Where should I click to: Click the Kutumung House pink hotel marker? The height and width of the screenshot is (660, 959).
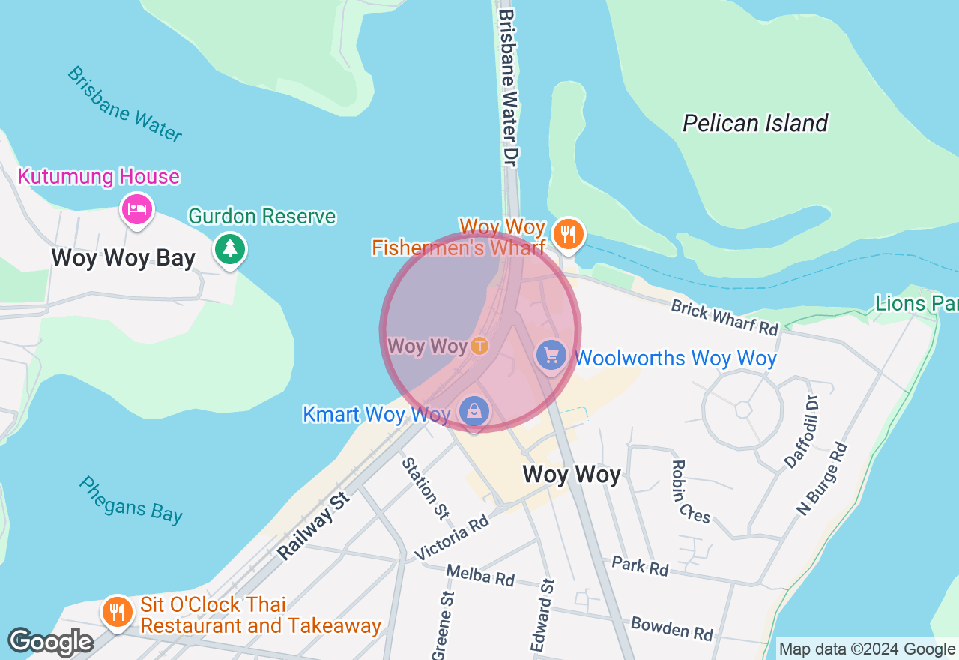[x=136, y=209]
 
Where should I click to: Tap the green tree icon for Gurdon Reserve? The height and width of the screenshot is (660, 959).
[x=229, y=248]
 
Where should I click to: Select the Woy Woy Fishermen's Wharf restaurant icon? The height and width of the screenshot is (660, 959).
[x=568, y=233]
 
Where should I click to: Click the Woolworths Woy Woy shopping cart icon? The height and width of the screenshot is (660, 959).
[x=551, y=355]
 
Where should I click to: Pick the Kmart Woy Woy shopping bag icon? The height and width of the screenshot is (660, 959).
[x=474, y=411]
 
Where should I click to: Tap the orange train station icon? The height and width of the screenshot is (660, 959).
[x=479, y=346]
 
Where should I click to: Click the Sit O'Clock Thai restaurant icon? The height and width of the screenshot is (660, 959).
[x=117, y=612]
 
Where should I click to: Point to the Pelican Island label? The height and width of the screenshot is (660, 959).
[x=755, y=124]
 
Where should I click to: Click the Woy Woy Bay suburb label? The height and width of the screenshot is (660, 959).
[x=123, y=258]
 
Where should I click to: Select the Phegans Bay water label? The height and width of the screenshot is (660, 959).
[x=130, y=499]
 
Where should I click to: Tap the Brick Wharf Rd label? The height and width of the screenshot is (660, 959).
[x=724, y=317]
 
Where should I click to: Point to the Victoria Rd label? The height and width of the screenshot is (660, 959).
[x=451, y=538]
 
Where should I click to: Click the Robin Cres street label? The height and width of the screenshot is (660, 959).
[x=691, y=491]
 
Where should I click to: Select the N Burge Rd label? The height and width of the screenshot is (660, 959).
[x=822, y=479]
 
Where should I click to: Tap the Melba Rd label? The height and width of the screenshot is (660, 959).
[x=480, y=575]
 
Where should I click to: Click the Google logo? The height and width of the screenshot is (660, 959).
[x=50, y=643]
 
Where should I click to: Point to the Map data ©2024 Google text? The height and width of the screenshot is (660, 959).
[x=867, y=649]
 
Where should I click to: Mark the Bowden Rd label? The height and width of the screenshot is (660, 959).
[x=671, y=628]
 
